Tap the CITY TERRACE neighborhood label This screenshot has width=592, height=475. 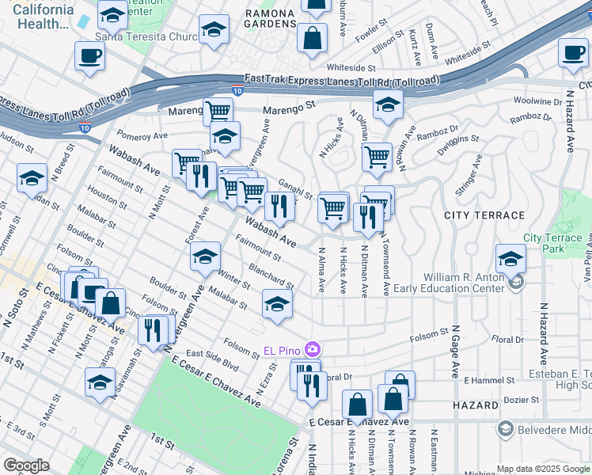click(x=484, y=215)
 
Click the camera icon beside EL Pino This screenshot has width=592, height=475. click(x=313, y=349)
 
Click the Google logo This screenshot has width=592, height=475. click(x=27, y=465)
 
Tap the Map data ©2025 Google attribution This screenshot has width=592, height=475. click(x=542, y=469)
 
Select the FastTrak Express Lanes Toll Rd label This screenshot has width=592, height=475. click(x=342, y=80)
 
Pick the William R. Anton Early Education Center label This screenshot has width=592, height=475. click(x=463, y=283)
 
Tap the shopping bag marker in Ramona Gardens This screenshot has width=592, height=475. click(x=313, y=37)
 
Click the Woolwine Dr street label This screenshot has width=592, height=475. click(x=536, y=101)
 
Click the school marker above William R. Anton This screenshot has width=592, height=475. click(x=510, y=259)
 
